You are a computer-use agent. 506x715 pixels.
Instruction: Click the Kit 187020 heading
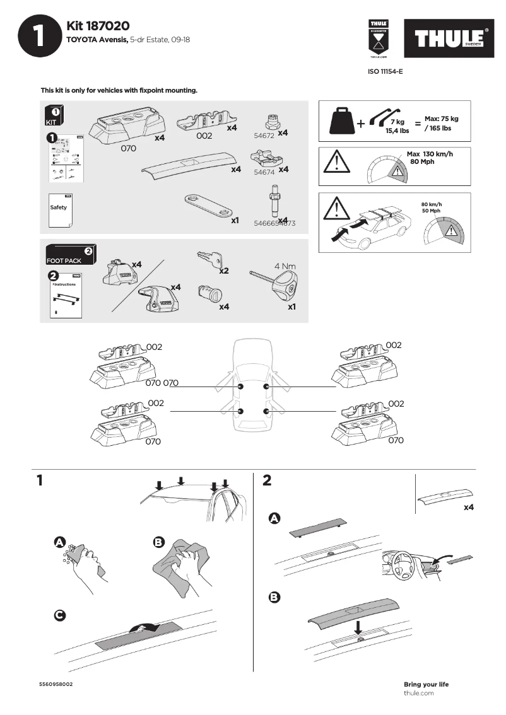click(98, 26)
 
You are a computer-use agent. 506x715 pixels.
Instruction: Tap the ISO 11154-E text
click(385, 72)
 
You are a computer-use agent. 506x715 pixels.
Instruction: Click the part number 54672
click(264, 136)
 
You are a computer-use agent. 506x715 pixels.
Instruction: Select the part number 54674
click(263, 171)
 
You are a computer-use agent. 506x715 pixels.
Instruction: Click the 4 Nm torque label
click(285, 266)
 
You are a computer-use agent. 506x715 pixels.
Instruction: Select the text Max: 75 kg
click(441, 119)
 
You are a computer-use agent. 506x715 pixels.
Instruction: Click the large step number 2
click(267, 481)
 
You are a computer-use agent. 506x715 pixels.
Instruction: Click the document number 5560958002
click(56, 684)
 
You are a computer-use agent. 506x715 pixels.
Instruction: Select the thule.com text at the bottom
click(418, 693)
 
